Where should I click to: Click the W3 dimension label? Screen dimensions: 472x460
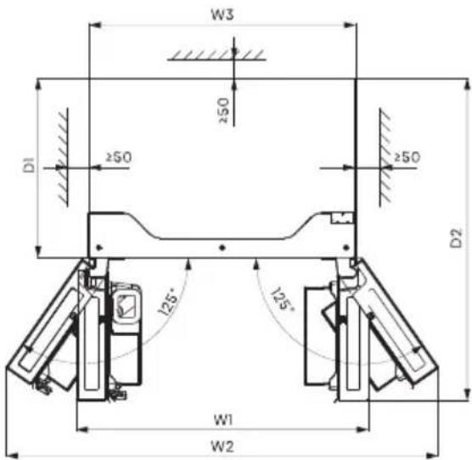(x=222, y=14)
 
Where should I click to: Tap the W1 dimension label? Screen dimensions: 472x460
(x=223, y=420)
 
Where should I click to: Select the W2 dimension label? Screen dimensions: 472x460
(x=222, y=446)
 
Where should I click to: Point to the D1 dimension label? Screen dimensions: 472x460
(x=29, y=165)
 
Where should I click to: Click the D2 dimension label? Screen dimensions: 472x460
(x=456, y=238)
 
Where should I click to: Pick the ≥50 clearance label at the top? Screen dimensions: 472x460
(x=223, y=110)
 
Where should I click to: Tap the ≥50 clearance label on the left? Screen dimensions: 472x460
(x=119, y=157)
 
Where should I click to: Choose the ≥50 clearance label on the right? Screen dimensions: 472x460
(x=407, y=157)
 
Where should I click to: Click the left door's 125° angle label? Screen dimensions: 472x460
(x=168, y=301)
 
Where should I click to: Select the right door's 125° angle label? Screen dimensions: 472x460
(x=283, y=299)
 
